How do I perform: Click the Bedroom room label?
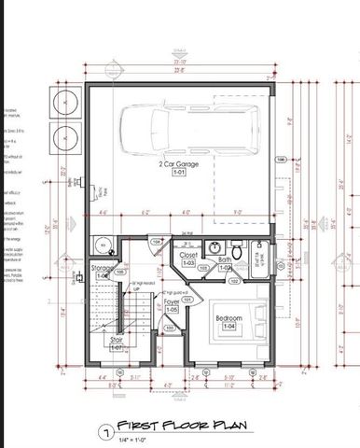pos(229,318)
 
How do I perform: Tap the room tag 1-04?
pos(229,328)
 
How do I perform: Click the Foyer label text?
pos(172,301)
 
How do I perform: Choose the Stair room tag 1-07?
pos(118,348)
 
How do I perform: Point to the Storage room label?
pos(103,267)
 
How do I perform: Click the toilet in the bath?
pos(236,251)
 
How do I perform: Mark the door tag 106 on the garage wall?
pos(281,160)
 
